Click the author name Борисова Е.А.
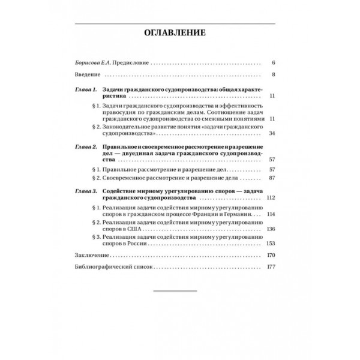[88, 62]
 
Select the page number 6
[272, 62]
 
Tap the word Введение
[85, 75]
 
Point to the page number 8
[272, 75]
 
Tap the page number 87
[271, 178]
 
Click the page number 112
[270, 197]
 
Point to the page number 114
[270, 214]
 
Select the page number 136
[270, 229]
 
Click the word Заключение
[89, 255]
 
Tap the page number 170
[270, 255]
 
